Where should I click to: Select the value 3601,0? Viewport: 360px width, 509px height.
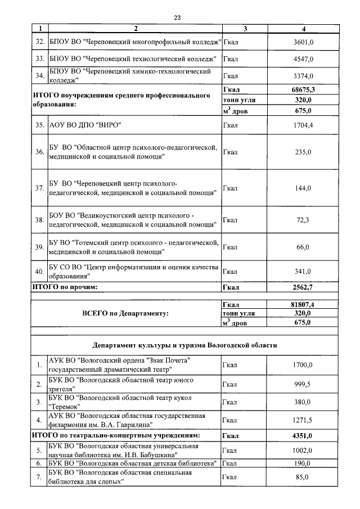click(303, 42)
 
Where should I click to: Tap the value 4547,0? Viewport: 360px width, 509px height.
click(303, 58)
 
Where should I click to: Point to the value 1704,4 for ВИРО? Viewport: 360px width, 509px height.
click(303, 125)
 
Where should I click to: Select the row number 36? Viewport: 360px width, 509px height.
click(39, 152)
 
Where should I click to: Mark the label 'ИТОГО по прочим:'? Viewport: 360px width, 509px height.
click(65, 287)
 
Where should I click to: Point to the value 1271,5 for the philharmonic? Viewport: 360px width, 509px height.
click(303, 420)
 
